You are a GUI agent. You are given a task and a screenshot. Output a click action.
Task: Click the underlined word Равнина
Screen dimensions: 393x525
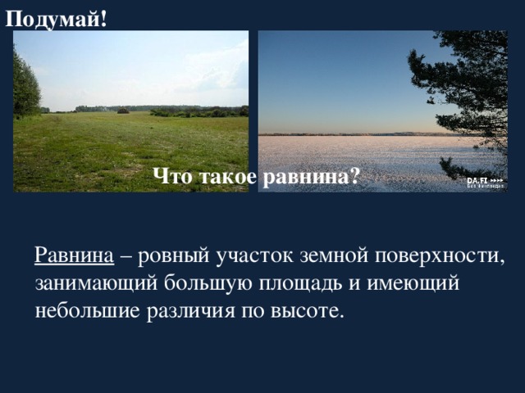pos(74,255)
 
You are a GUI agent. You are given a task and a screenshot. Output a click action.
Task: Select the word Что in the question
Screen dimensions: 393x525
pos(171,175)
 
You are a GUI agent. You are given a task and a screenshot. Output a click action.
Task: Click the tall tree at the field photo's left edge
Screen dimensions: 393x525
pos(25,86)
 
